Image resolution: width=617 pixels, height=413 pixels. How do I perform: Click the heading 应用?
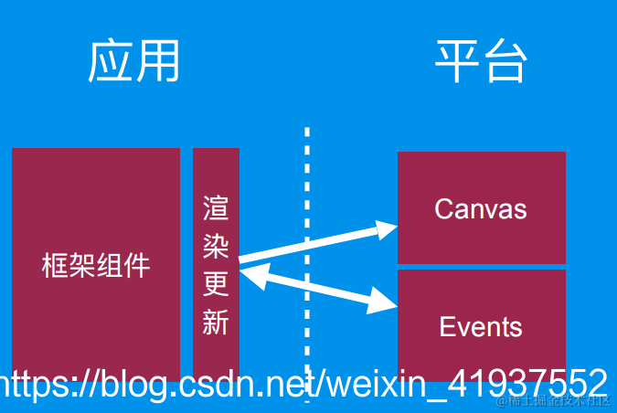coord(133,62)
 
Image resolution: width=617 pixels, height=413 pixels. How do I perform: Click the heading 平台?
coord(481,62)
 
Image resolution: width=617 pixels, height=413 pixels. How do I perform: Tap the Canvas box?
coord(482,183)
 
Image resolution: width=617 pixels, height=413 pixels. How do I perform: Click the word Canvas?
coord(481,209)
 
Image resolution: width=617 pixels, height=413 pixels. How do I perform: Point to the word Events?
coord(481,327)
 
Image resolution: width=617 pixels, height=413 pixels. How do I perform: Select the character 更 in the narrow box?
coord(216,285)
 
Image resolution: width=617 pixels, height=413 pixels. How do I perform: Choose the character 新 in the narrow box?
coord(216,323)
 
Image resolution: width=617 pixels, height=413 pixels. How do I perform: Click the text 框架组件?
coord(96,266)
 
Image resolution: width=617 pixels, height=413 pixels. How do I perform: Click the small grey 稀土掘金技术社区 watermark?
coord(554,402)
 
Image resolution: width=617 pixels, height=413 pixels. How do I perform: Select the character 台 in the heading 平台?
coord(505,62)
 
